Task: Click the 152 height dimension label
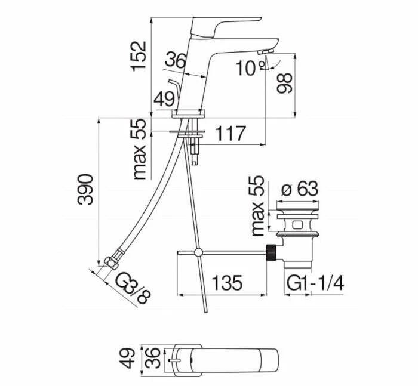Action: tap(139, 56)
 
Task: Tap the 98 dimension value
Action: tap(284, 83)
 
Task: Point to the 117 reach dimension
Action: tap(230, 134)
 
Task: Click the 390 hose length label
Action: tap(85, 189)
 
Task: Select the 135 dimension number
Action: tap(227, 283)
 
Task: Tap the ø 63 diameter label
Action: tap(300, 189)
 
